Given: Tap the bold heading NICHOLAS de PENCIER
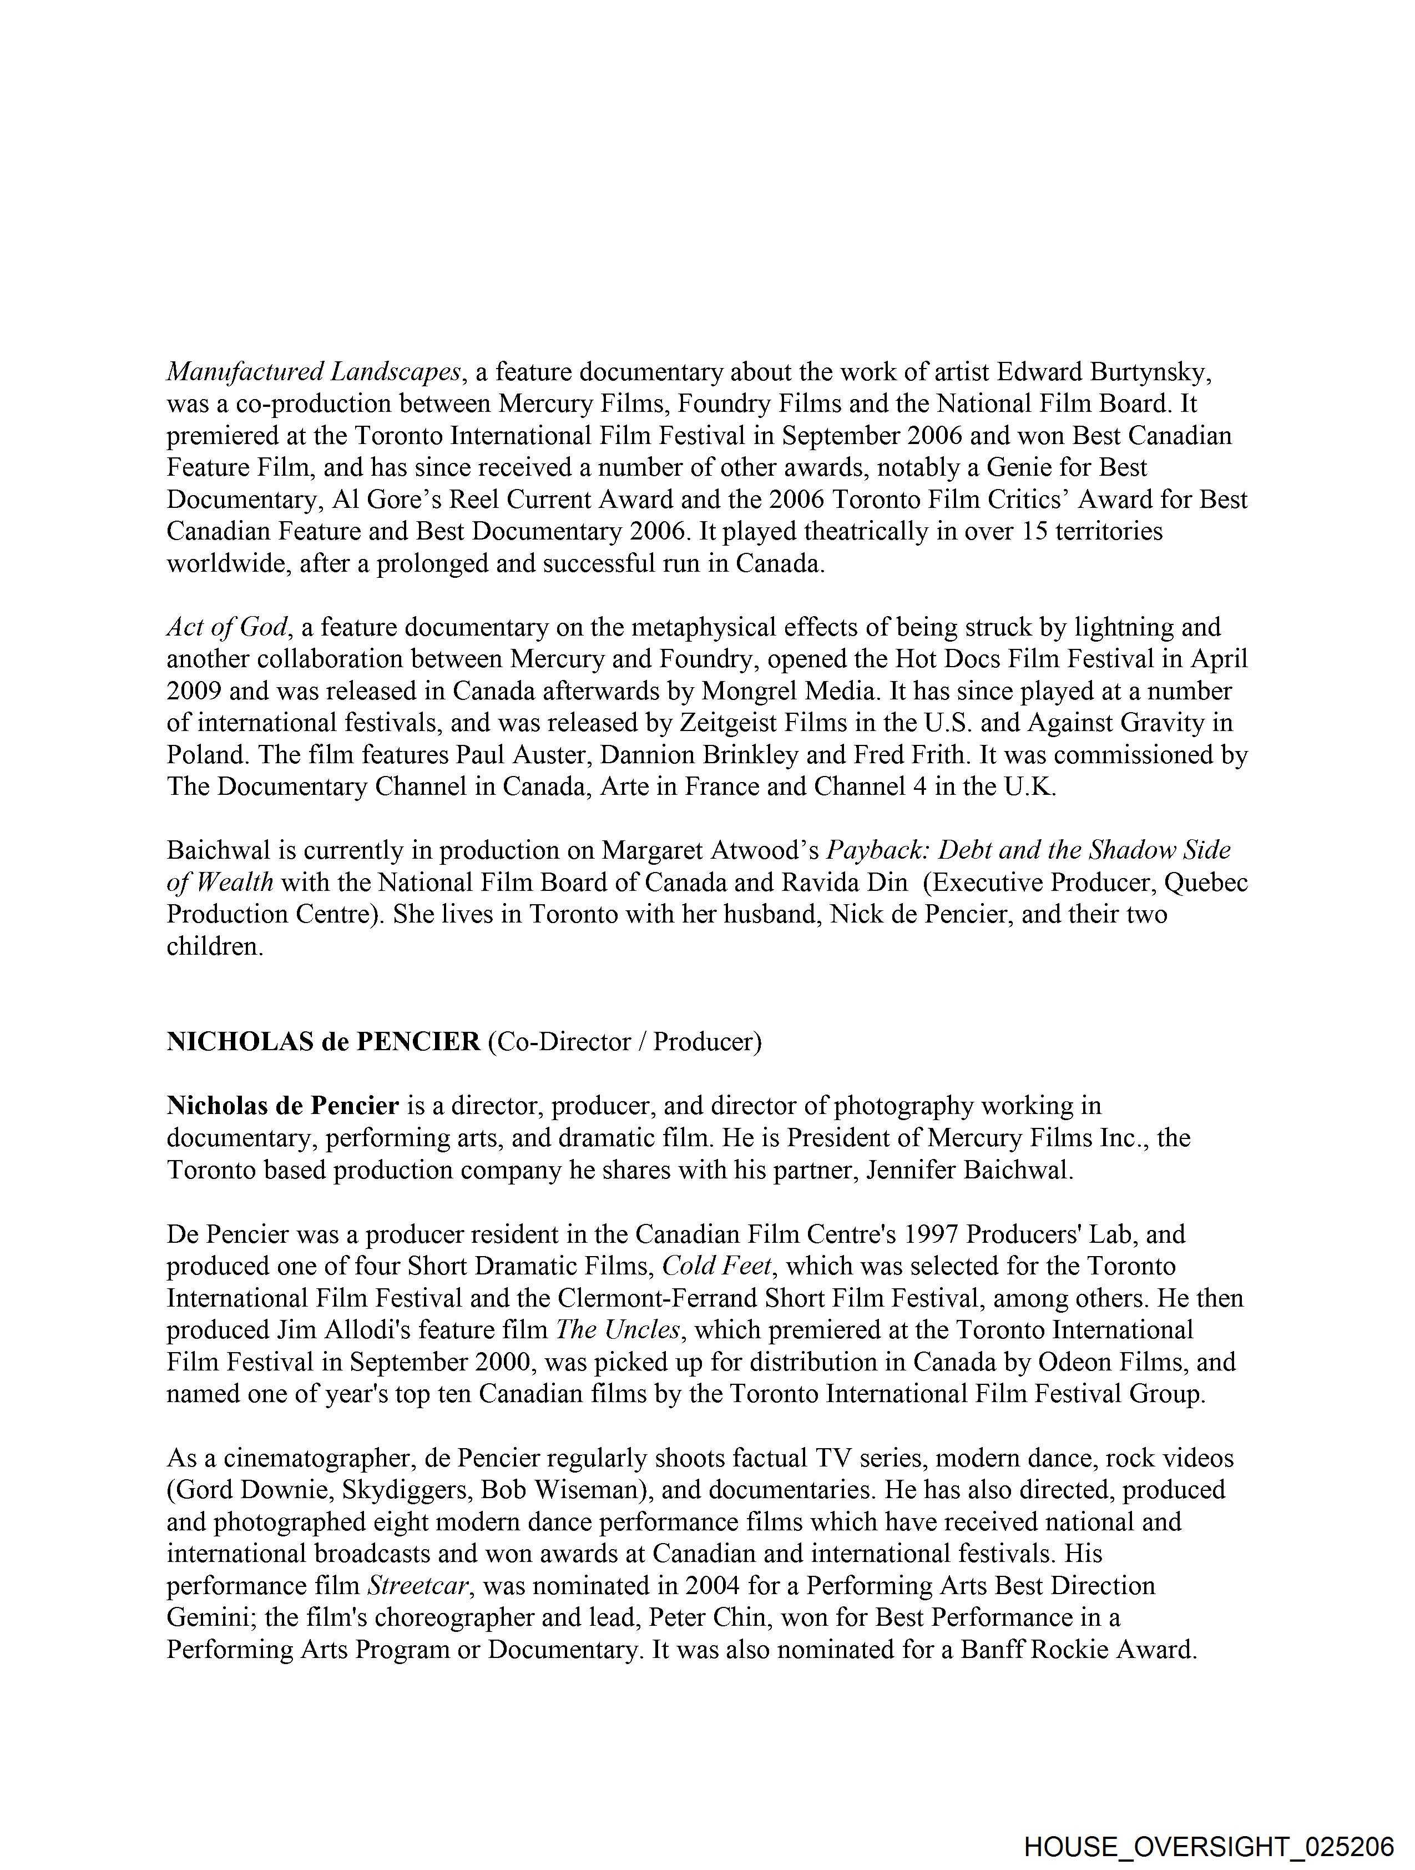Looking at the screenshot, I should (323, 1041).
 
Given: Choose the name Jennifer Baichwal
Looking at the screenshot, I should (969, 1170).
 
